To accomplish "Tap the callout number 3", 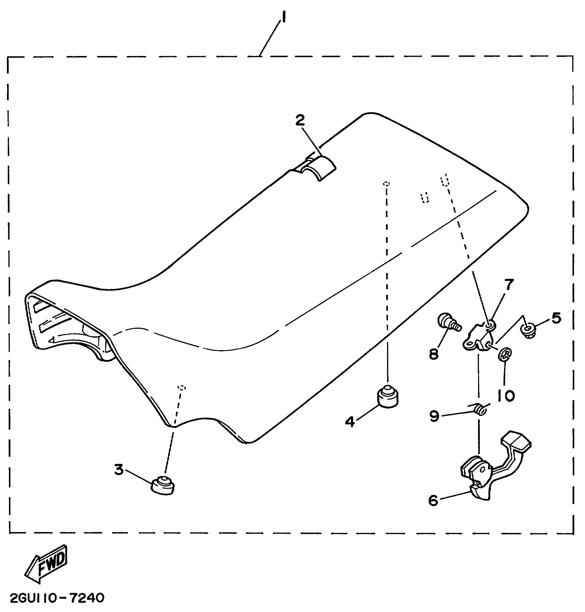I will click(119, 469).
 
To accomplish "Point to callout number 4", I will click(350, 422).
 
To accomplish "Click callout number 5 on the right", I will click(556, 318).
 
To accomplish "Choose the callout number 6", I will click(433, 500).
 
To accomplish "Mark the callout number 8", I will click(434, 353).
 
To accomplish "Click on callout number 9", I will click(434, 417).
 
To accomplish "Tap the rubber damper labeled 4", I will click(388, 397).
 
